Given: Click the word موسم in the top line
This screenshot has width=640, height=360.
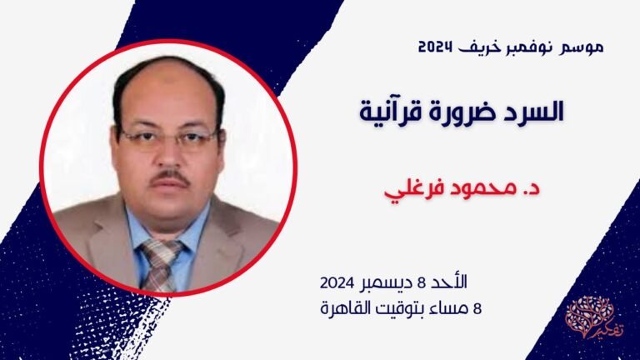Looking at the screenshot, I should tap(581, 47).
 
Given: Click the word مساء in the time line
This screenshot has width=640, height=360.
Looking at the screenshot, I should tap(451, 307).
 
